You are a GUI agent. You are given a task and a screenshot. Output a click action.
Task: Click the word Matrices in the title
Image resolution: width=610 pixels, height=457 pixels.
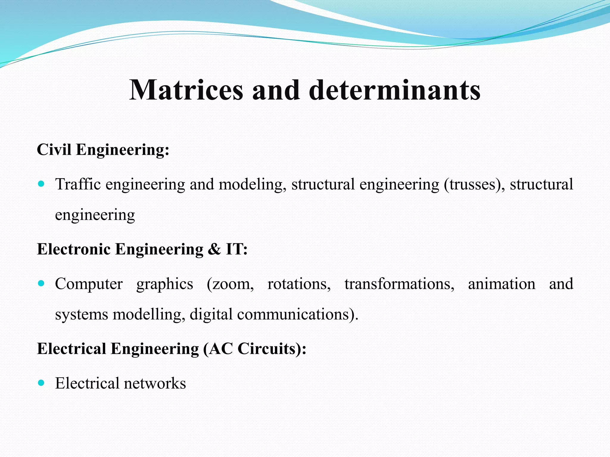(x=186, y=90)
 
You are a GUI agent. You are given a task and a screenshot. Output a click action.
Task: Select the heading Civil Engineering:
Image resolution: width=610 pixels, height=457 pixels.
(x=103, y=149)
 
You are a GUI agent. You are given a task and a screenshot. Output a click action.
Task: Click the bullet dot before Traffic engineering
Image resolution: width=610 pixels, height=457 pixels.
(x=41, y=184)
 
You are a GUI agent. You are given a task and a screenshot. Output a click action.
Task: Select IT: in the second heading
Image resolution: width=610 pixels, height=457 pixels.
(x=237, y=249)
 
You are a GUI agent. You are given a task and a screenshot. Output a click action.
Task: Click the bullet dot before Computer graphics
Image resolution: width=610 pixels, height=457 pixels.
(x=41, y=283)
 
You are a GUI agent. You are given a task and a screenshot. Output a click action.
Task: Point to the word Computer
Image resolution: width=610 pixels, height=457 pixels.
(x=89, y=284)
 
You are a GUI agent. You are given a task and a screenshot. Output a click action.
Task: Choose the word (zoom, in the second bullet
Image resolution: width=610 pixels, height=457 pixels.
(x=230, y=284)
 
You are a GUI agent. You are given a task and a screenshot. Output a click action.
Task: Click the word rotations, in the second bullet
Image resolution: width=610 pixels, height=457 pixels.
(x=299, y=284)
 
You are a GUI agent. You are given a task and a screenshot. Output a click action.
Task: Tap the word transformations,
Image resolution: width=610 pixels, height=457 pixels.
(x=399, y=284)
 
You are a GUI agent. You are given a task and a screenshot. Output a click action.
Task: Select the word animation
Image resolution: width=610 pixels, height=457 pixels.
(x=502, y=284)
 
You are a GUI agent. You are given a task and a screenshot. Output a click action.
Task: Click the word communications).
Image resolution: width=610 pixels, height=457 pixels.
(x=298, y=314)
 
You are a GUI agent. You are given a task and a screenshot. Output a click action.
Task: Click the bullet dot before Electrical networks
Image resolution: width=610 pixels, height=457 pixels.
(x=41, y=383)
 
